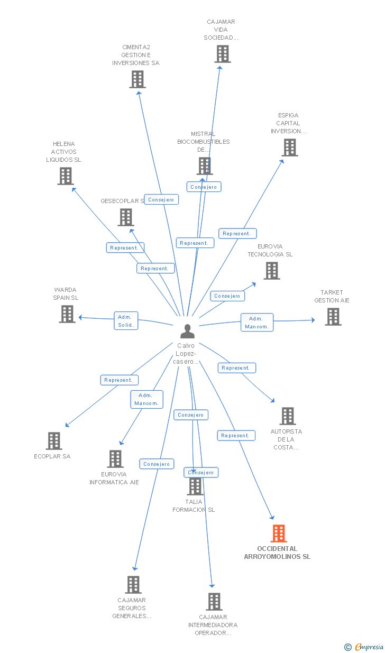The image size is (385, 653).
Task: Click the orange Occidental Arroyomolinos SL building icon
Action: [279, 534]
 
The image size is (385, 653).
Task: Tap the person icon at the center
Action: [187, 332]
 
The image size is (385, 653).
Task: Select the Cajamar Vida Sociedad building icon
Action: [223, 54]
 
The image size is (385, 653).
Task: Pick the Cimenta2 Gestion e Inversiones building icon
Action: [137, 79]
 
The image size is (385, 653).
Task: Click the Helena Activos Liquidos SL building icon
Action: [65, 176]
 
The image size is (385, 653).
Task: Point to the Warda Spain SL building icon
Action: [67, 314]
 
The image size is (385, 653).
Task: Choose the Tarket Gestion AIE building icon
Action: [333, 317]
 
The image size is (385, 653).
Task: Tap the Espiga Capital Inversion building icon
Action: [290, 148]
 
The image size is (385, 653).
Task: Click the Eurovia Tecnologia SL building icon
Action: [272, 271]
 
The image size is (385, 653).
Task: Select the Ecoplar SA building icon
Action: [54, 441]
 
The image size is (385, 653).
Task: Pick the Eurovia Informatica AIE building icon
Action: [115, 459]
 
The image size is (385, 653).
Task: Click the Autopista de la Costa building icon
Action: [287, 416]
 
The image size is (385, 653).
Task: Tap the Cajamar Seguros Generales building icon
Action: [133, 585]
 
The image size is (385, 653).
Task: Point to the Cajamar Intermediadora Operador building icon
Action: [214, 602]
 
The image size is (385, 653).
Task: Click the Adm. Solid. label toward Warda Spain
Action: [126, 321]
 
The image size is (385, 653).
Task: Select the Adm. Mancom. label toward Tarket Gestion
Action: [257, 323]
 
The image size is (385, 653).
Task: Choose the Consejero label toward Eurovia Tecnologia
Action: [227, 296]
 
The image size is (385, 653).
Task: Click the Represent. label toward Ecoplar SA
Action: [119, 380]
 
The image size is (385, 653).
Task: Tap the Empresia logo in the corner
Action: [364, 647]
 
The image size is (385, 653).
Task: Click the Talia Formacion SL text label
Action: [194, 506]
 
